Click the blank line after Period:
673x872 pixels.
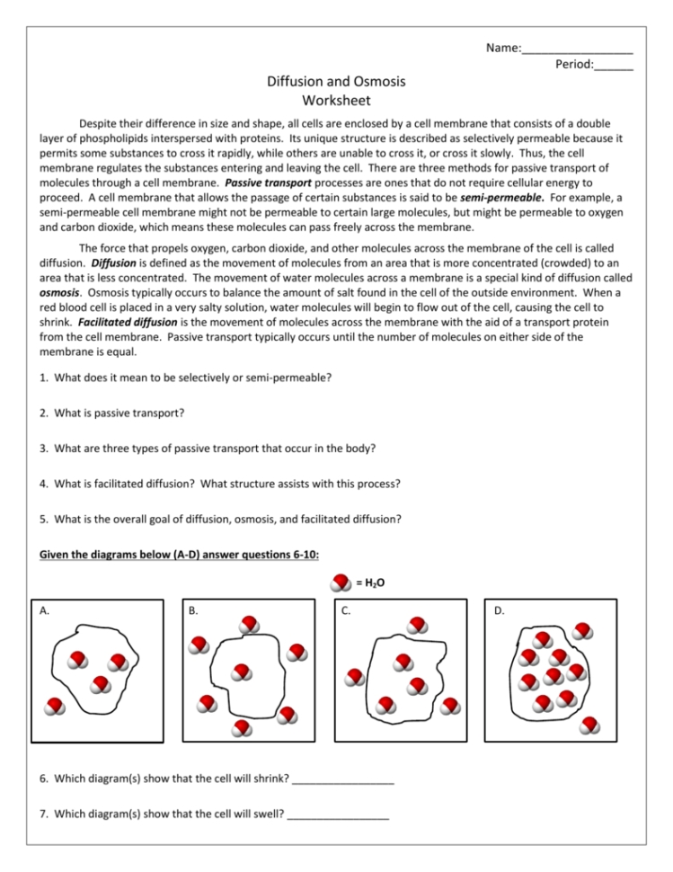point(613,67)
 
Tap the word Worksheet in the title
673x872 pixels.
point(336,100)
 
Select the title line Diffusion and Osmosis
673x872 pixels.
point(336,82)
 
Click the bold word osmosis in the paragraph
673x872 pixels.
point(59,292)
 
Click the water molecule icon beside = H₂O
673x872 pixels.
point(341,583)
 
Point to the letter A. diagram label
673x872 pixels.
point(44,611)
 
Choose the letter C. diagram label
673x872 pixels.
point(347,611)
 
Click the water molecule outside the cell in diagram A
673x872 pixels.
point(56,706)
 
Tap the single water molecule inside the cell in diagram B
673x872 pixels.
point(240,672)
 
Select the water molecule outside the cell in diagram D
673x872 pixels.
point(590,724)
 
